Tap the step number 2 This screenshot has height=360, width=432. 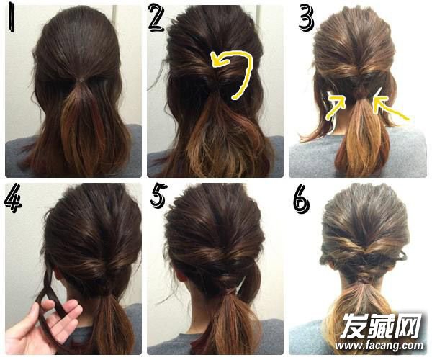point(157,17)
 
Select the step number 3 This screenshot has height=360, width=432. point(306,18)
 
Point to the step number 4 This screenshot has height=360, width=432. point(13,198)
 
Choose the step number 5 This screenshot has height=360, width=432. point(158,196)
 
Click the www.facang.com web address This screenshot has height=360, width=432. point(379,346)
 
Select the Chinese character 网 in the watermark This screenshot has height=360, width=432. point(408,326)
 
